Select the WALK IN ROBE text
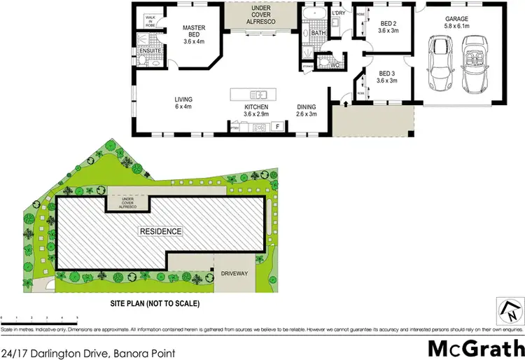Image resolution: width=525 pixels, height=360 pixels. pyautogui.click(x=149, y=21)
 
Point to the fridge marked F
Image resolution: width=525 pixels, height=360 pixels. pyautogui.click(x=278, y=127)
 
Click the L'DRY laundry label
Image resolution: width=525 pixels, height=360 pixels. pyautogui.click(x=339, y=13)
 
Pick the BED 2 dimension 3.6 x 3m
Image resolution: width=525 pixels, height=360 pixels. pyautogui.click(x=387, y=30)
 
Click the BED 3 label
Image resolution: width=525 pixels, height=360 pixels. pyautogui.click(x=387, y=73)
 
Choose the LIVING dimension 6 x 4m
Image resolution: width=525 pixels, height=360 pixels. pyautogui.click(x=183, y=107)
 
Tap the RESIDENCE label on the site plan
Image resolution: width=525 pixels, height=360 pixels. pyautogui.click(x=160, y=231)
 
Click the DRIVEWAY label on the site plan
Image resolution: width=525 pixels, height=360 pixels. pyautogui.click(x=234, y=274)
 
